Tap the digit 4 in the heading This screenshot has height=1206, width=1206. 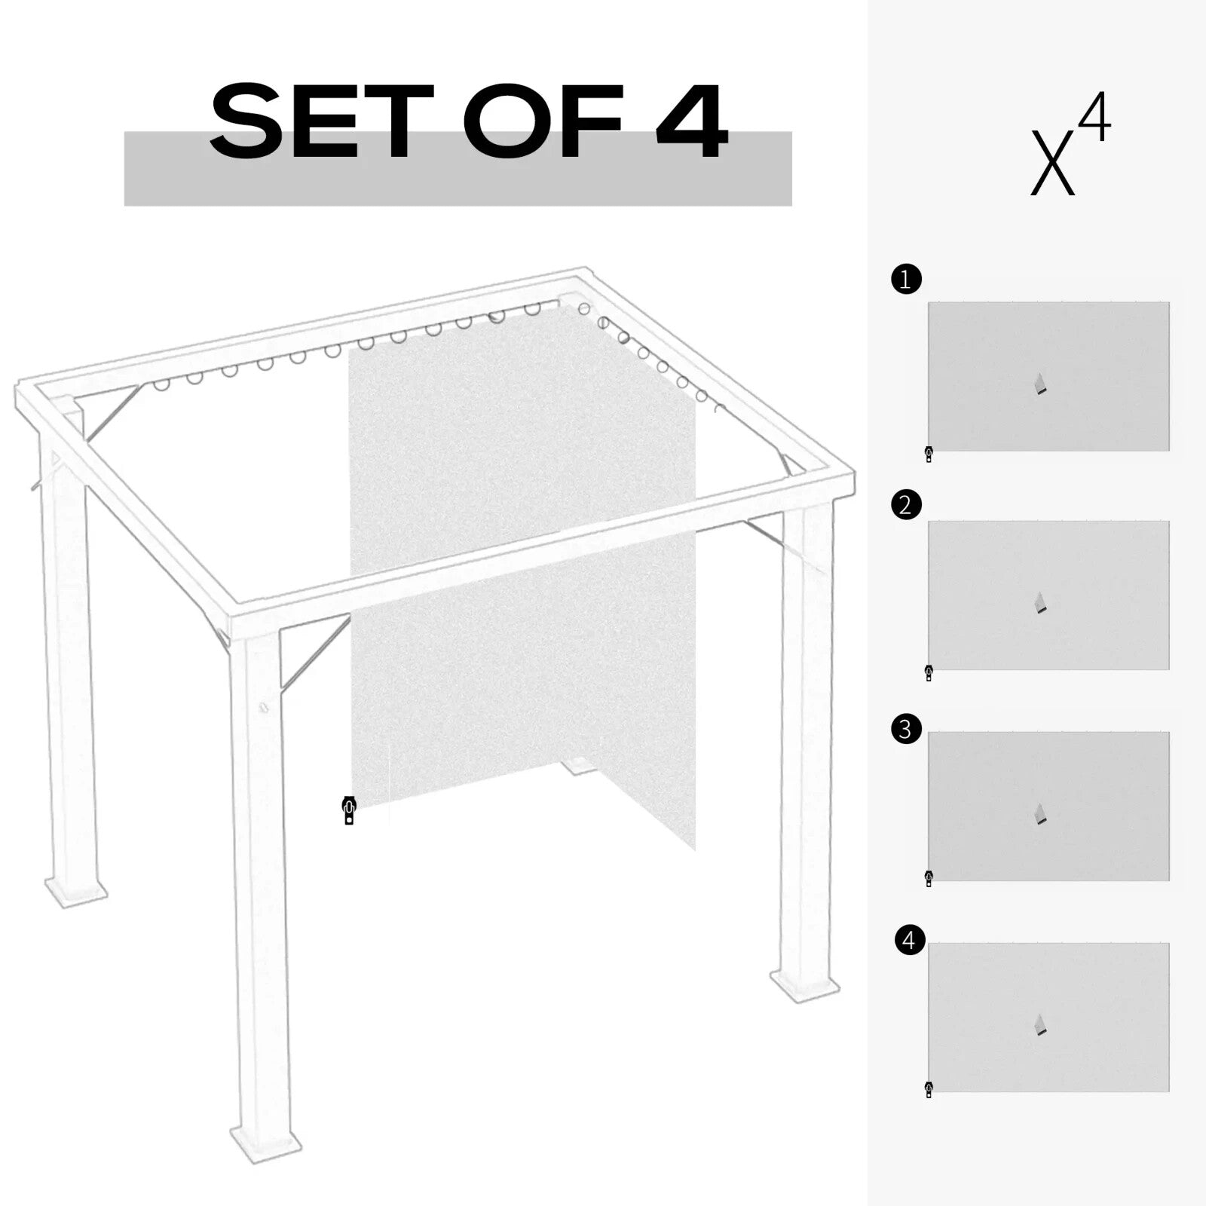(x=691, y=122)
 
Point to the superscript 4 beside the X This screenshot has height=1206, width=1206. (x=1097, y=117)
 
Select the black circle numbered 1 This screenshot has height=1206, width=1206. (x=906, y=280)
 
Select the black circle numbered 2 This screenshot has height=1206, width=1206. (x=906, y=504)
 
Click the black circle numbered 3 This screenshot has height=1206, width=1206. (x=906, y=729)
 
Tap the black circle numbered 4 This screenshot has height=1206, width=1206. (x=909, y=941)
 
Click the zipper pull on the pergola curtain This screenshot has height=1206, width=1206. (x=348, y=810)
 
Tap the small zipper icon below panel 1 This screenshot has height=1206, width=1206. (x=929, y=454)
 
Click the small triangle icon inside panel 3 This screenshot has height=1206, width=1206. (x=1041, y=814)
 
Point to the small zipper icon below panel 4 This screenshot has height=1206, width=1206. (x=929, y=1090)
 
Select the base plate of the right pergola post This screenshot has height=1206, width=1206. (x=804, y=986)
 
